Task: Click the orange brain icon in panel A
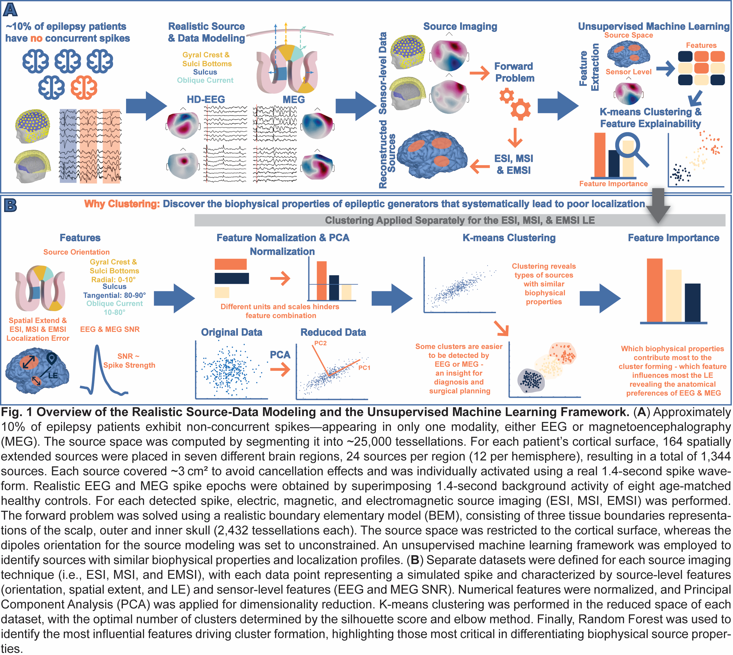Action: pyautogui.click(x=83, y=87)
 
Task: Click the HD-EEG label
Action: pyautogui.click(x=205, y=99)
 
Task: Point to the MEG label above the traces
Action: pyautogui.click(x=293, y=99)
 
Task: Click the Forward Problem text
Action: pyautogui.click(x=514, y=72)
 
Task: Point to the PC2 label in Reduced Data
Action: pyautogui.click(x=320, y=343)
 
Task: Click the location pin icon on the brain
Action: pyautogui.click(x=52, y=358)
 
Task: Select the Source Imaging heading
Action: pyautogui.click(x=460, y=26)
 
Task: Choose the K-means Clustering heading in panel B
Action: pyautogui.click(x=509, y=238)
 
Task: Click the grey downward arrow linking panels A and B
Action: pyautogui.click(x=658, y=205)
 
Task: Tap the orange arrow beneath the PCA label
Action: pyautogui.click(x=280, y=370)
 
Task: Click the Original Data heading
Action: pyautogui.click(x=231, y=332)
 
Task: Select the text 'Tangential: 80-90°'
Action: pyautogui.click(x=115, y=295)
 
